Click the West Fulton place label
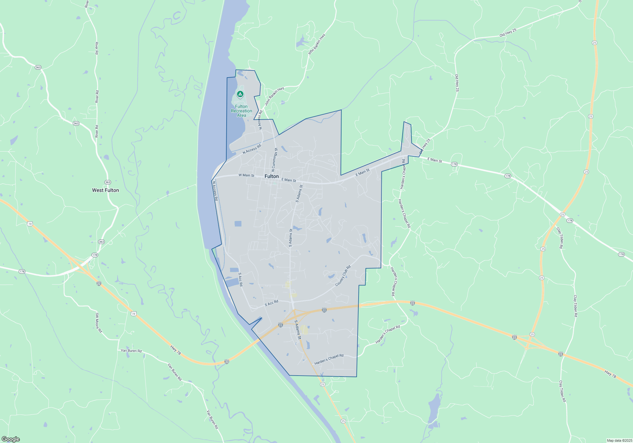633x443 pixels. [x=105, y=190]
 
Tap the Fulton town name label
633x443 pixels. [x=272, y=176]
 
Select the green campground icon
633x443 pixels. [x=240, y=94]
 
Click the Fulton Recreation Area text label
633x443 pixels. [x=241, y=111]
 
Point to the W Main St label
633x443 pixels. [x=246, y=175]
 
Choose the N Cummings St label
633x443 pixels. [x=274, y=160]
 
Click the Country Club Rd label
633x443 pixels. [x=343, y=276]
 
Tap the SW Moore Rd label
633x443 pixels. [x=99, y=323]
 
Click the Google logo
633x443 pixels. [x=11, y=439]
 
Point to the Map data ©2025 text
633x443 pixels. [x=619, y=440]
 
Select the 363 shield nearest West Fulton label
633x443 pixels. [x=108, y=182]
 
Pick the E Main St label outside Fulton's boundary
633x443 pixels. [x=435, y=160]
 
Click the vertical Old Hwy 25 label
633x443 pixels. [x=457, y=83]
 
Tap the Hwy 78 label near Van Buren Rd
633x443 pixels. [x=176, y=350]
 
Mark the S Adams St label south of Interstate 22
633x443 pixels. [x=298, y=330]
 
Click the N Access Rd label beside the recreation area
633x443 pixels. [x=260, y=120]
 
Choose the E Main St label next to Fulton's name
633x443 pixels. [x=289, y=180]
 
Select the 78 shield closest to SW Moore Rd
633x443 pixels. [x=134, y=314]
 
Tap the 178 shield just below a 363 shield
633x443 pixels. [x=95, y=255]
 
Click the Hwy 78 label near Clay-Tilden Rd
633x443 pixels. [x=610, y=374]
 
